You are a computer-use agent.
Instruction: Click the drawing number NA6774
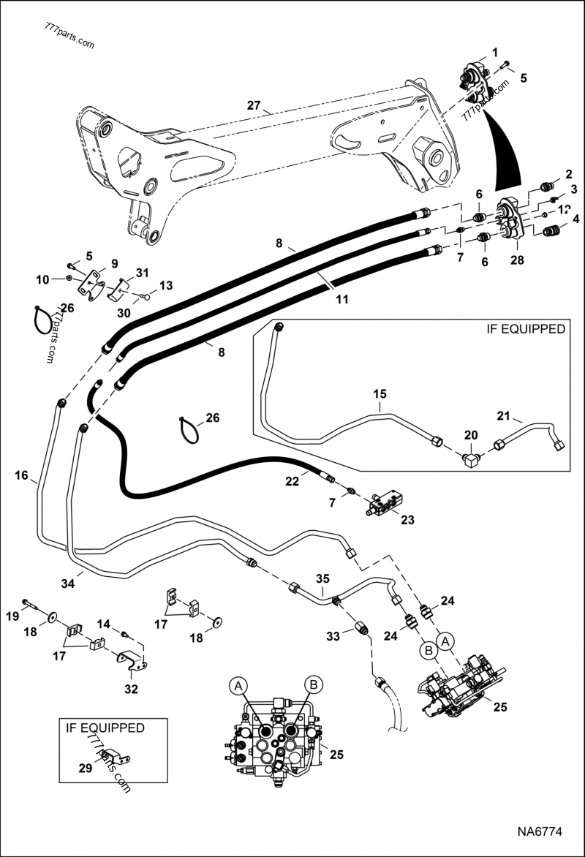pos(539,832)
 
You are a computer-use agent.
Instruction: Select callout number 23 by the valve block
pos(407,521)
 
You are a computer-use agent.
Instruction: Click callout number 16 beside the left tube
pos(20,476)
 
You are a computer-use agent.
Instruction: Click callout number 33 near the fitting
pos(333,637)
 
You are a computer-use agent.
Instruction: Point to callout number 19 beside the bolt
pos(13,616)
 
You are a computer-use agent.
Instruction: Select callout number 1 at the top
pos(494,52)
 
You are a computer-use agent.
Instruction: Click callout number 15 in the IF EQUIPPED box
pos(380,395)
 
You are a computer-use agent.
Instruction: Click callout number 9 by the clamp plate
pos(114,263)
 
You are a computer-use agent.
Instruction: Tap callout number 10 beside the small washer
pos(43,279)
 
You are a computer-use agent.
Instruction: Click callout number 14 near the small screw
pos(105,624)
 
